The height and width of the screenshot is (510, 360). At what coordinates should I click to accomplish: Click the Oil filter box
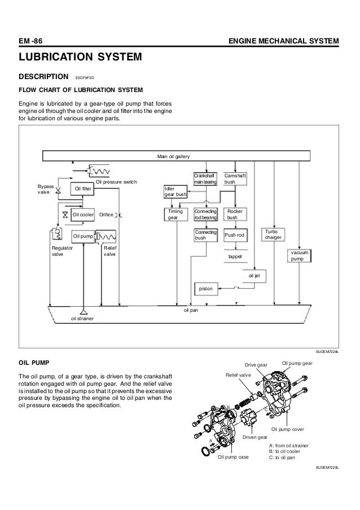pos(82,189)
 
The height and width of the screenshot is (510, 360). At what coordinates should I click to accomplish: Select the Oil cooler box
pos(83,215)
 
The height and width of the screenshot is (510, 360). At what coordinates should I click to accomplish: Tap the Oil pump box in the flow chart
pos(83,237)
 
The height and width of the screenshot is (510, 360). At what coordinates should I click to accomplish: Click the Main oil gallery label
pos(173,156)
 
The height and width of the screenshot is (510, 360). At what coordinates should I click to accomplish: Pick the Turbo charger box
pos(273,234)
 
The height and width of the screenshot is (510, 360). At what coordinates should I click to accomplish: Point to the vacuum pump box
pos(299,256)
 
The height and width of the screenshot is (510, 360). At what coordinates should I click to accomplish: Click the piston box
pos(206,289)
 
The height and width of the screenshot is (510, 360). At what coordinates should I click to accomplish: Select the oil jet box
pos(254,276)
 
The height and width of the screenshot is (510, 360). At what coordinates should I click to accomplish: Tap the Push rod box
pos(235,235)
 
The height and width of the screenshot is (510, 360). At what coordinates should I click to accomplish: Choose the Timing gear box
pos(176,215)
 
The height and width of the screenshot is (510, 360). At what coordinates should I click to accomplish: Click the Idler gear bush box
pos(175,191)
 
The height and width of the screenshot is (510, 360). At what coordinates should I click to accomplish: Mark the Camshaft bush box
pos(235,179)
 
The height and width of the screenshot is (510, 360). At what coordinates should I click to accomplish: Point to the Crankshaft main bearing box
pos(205,179)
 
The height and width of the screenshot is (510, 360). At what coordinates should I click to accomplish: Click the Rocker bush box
pos(235,215)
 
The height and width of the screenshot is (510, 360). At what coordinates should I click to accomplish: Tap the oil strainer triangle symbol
pos(84,311)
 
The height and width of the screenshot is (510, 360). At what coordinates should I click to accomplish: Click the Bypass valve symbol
pos(59,190)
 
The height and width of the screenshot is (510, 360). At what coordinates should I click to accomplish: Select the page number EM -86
pos(30,41)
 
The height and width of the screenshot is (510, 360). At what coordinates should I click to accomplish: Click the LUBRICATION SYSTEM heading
pos(80,57)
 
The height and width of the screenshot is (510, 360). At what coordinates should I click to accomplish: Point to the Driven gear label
pos(255,437)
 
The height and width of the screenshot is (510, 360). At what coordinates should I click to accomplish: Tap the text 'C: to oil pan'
pos(282,457)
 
